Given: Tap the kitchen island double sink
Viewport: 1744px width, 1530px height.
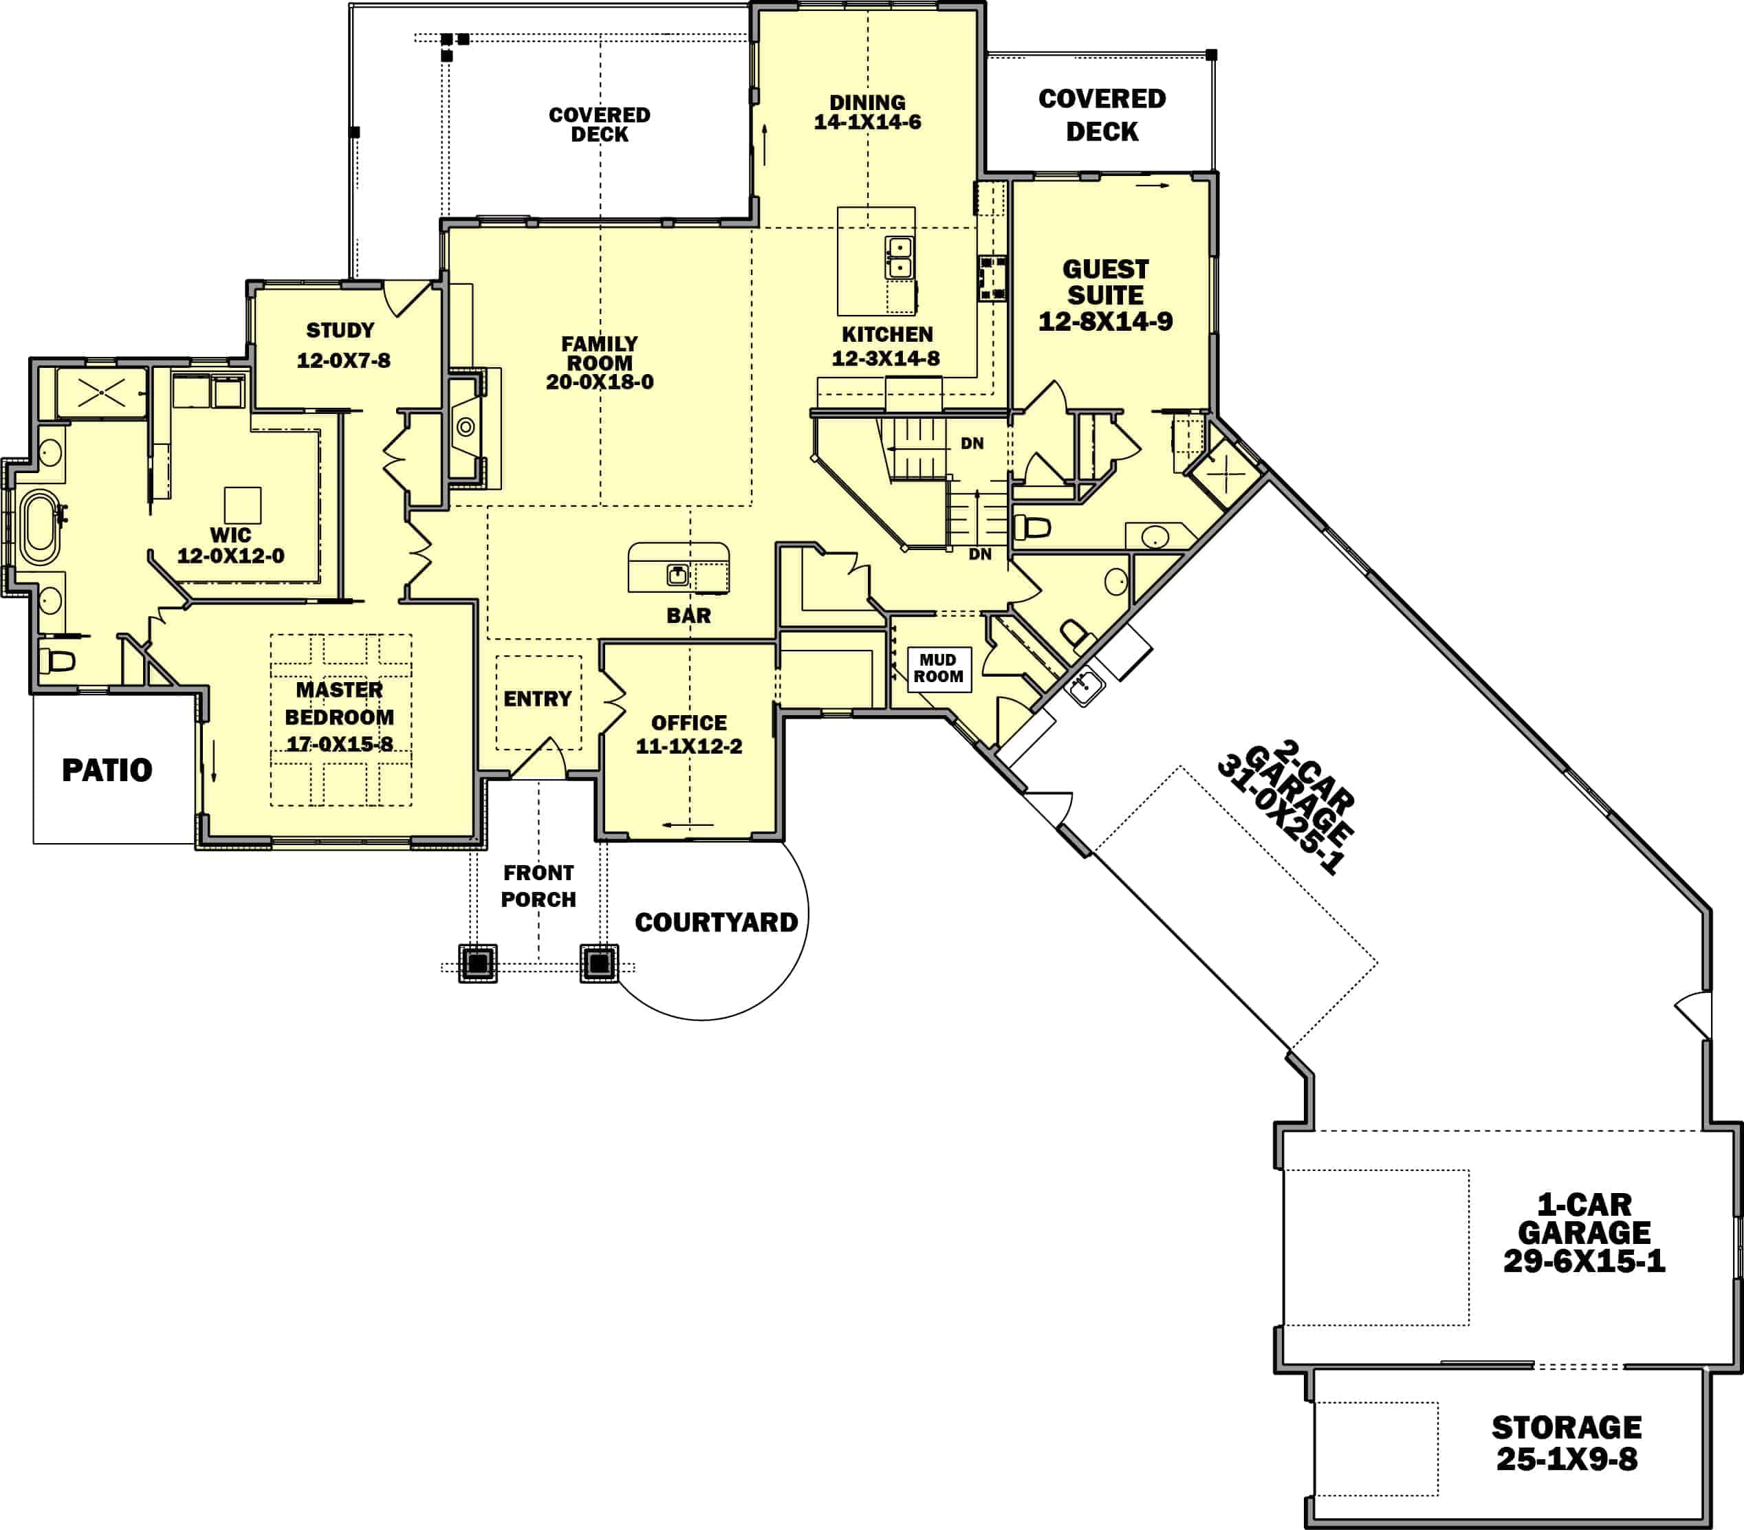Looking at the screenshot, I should point(900,258).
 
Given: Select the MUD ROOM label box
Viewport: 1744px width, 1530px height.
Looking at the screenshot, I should point(939,668).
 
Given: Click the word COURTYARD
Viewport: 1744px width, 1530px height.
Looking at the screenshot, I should point(716,922).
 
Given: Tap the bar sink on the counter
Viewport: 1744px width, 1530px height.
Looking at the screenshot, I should point(677,574).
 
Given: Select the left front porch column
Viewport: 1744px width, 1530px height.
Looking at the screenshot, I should point(478,963).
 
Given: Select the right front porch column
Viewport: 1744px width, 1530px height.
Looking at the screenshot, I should point(599,963).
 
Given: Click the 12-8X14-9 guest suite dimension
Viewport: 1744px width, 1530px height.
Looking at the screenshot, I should point(1105,322).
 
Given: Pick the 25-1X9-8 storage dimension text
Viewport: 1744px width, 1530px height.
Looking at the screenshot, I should point(1567,1459).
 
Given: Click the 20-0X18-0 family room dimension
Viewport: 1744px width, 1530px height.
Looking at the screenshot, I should point(600,382).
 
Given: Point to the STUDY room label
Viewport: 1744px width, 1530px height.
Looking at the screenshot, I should point(340,330).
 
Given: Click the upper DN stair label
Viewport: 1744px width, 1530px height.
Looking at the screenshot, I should point(972,443).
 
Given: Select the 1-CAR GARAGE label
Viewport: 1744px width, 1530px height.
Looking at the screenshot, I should point(1584,1218).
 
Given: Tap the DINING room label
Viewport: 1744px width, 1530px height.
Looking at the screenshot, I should point(867,102).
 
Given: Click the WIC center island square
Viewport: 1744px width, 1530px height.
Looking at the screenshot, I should point(242,505).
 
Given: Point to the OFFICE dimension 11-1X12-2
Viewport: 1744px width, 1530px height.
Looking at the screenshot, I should point(688,746).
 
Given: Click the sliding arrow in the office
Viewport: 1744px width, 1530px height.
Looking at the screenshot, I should point(688,825).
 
